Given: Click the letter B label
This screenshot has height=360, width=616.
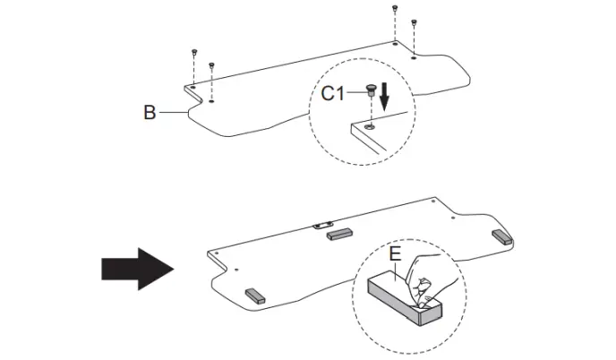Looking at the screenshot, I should coord(150,114).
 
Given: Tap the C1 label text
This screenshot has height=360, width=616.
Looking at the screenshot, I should coord(335,92).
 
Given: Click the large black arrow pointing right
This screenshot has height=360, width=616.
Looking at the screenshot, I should coord(135,265).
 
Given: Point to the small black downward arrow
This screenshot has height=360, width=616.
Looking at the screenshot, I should coord(385,97).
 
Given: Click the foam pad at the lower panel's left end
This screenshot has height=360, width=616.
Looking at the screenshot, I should coord(254,295).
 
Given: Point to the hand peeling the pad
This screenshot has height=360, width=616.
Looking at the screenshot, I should coord(436,278).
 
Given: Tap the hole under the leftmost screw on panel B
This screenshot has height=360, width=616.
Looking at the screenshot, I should coord(193,88).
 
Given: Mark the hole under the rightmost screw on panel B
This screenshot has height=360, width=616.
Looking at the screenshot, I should coord(414,57).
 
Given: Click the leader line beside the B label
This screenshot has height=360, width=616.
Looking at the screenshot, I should coord(172,114).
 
